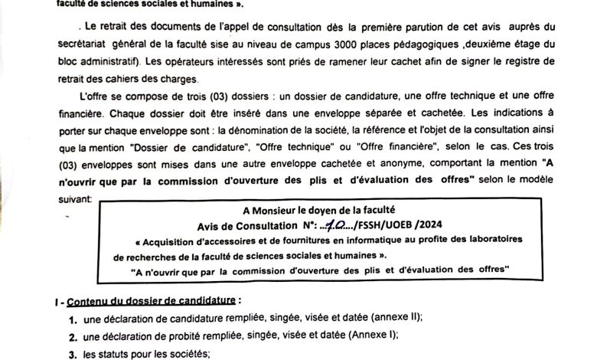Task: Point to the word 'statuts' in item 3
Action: [x=116, y=353]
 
